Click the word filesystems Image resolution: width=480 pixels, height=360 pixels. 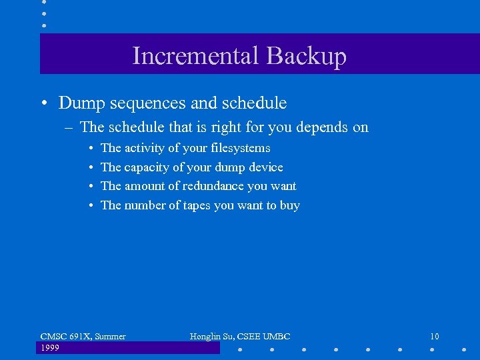click(241, 148)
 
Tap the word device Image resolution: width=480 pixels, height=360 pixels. click(265, 167)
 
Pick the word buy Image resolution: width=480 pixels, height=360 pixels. click(290, 206)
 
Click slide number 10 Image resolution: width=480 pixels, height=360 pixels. click(434, 337)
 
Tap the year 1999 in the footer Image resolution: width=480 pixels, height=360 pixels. click(50, 348)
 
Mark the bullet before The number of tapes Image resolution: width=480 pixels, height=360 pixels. click(90, 205)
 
